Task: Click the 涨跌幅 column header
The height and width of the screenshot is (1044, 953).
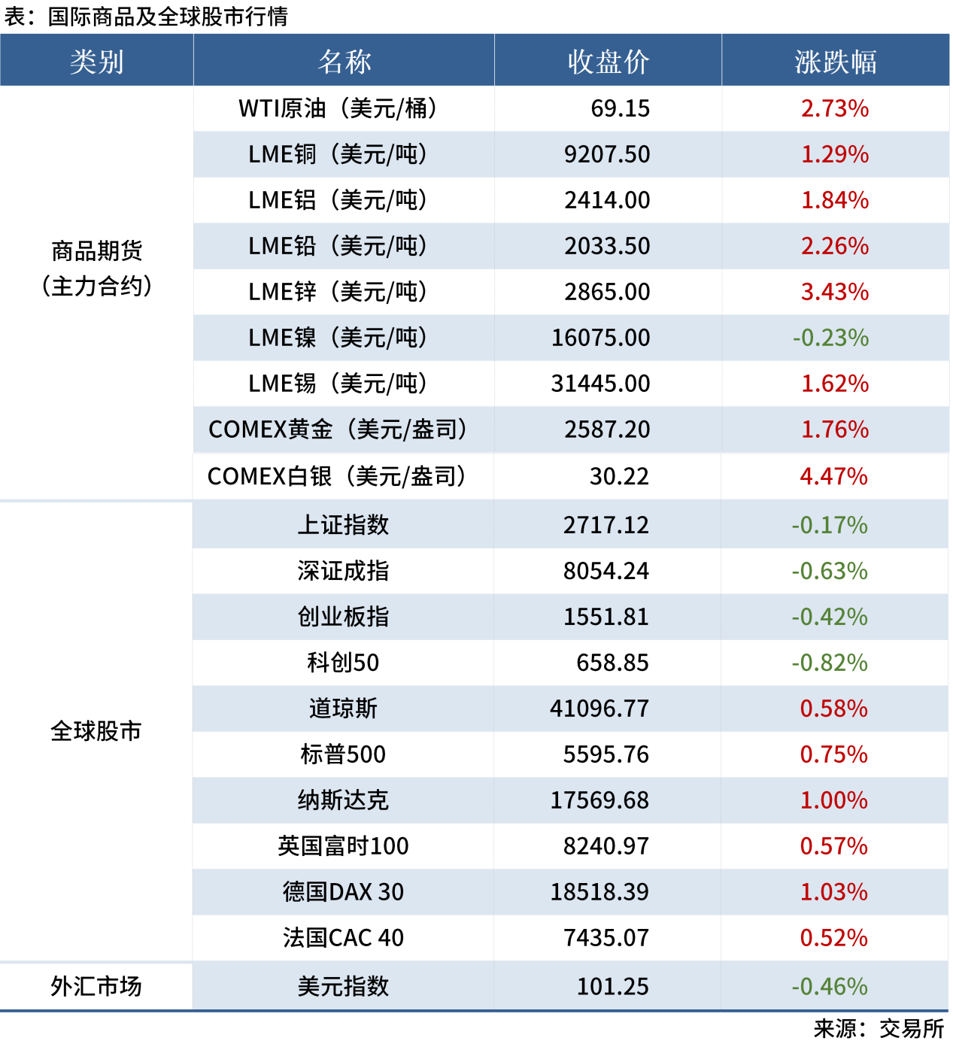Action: (x=835, y=62)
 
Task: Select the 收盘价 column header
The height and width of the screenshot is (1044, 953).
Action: (x=608, y=62)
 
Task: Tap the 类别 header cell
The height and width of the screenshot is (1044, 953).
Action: (x=96, y=62)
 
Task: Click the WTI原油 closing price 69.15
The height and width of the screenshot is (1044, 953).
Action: (x=620, y=108)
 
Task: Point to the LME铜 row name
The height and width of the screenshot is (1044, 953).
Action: (x=338, y=154)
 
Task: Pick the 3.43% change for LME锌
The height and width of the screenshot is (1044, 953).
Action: (x=835, y=292)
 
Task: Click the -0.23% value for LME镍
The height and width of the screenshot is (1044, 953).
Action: (x=830, y=338)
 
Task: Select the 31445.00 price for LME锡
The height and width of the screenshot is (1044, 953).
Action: (x=600, y=384)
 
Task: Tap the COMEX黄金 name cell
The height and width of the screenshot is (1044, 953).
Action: (x=338, y=429)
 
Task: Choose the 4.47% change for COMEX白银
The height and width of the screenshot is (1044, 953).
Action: (x=833, y=476)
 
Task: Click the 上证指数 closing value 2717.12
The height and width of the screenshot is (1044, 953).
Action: (x=605, y=525)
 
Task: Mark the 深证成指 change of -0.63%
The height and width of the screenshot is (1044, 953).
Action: (x=829, y=571)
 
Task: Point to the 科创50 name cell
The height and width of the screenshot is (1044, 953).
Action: (x=343, y=663)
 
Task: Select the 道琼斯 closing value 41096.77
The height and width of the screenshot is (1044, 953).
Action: (x=599, y=709)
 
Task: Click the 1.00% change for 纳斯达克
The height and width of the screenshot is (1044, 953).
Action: (x=833, y=800)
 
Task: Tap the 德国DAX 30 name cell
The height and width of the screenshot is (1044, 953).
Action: (x=343, y=892)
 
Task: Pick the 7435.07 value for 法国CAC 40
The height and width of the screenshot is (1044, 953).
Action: (x=605, y=938)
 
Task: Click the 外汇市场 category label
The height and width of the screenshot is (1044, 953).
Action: (x=96, y=986)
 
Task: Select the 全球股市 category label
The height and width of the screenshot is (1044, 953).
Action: (x=96, y=730)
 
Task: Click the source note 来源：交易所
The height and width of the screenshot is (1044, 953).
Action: (x=878, y=1028)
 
